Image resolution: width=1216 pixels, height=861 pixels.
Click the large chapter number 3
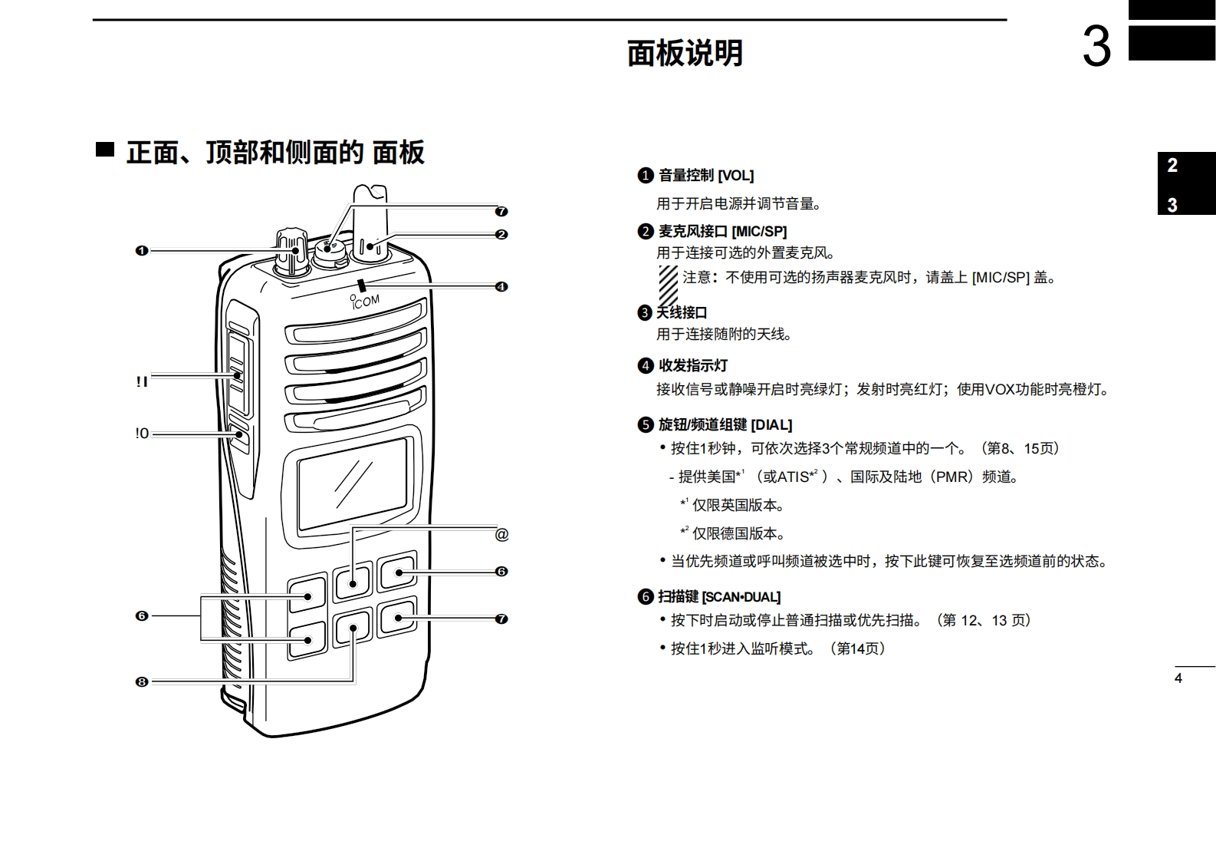(1096, 47)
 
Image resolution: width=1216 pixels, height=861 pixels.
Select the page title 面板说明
(685, 54)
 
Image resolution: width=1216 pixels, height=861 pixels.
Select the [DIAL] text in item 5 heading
(771, 424)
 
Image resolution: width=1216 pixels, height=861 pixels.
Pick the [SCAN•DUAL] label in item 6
(741, 597)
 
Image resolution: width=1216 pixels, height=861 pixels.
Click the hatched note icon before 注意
(668, 285)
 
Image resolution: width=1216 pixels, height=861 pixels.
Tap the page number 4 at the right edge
(1178, 678)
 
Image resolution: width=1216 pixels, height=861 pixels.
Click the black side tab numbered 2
(1172, 165)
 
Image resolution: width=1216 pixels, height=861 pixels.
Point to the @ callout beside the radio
(501, 535)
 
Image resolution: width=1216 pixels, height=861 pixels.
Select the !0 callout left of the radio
(142, 434)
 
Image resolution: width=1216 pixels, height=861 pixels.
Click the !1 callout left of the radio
(142, 381)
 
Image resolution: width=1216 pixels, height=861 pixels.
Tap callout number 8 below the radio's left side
(141, 681)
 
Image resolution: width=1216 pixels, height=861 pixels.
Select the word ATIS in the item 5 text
(794, 477)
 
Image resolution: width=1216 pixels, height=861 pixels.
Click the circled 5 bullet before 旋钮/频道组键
(646, 424)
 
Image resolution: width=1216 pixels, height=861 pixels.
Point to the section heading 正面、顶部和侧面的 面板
(275, 152)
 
